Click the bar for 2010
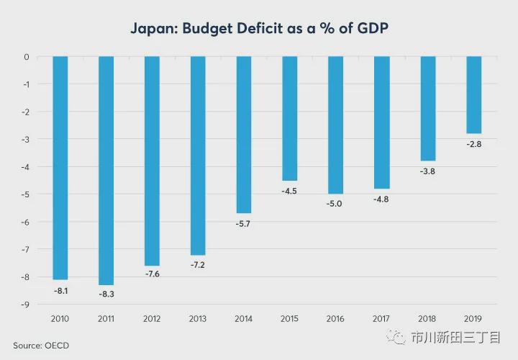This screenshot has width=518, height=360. point(60,168)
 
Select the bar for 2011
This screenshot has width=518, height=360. point(106,171)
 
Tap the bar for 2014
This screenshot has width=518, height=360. point(244,135)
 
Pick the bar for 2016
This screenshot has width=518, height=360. point(336,125)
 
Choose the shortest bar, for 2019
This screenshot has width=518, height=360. point(473,95)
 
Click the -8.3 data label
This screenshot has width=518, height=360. point(106,294)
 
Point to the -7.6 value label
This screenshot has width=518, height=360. point(152,274)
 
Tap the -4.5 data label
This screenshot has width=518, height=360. point(290,190)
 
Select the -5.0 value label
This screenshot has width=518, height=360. point(336,204)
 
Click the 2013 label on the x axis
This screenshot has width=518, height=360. point(198,318)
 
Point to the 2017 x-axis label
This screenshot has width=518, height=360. point(381,318)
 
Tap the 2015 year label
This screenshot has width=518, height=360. point(290,318)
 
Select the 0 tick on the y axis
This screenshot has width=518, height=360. point(27,57)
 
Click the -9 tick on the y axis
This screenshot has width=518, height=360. point(25,305)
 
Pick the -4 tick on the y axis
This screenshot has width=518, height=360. point(25,167)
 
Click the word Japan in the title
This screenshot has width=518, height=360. point(153,29)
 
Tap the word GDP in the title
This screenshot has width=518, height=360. point(370,29)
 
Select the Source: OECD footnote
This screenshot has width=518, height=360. point(41,346)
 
